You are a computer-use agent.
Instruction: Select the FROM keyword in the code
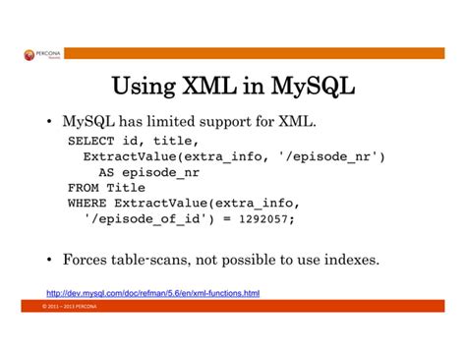point(83,187)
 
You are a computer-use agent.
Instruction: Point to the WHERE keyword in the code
point(87,202)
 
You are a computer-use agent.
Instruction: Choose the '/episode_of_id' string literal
point(146,217)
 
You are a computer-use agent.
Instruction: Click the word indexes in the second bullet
point(350,261)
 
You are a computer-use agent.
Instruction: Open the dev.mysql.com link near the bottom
point(153,292)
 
